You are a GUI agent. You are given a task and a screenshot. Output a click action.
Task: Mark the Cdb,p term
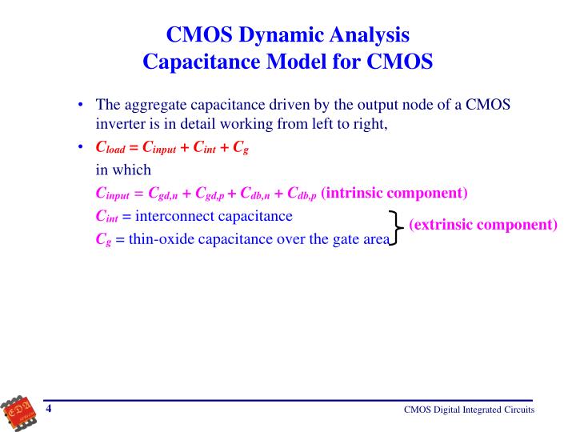299,194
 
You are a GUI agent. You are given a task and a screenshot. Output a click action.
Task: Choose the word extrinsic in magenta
442,224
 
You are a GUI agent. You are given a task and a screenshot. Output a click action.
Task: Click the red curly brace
395,227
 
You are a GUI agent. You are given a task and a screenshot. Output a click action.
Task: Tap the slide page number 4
49,410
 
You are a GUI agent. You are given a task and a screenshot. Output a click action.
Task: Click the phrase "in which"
123,170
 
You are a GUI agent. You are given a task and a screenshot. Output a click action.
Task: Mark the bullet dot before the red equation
82,148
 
